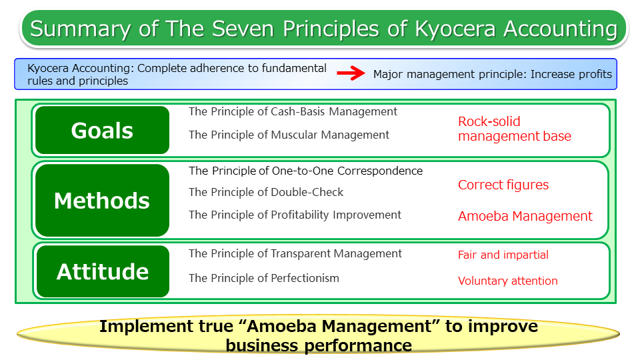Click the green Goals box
pos(102,130)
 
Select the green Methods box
pos(102,201)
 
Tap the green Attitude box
pos(102,271)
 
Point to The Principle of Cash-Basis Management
pos(293,111)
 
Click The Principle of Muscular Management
pos(289,135)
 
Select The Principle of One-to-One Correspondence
pos(305,171)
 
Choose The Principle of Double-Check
pos(266,192)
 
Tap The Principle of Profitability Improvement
pos(295,215)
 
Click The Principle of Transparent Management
pos(295,253)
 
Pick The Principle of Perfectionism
pos(264,278)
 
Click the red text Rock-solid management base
pos(514,129)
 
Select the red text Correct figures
pos(503,185)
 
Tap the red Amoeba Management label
pos(525,216)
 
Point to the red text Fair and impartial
pos(503,255)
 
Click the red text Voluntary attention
pos(508,281)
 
